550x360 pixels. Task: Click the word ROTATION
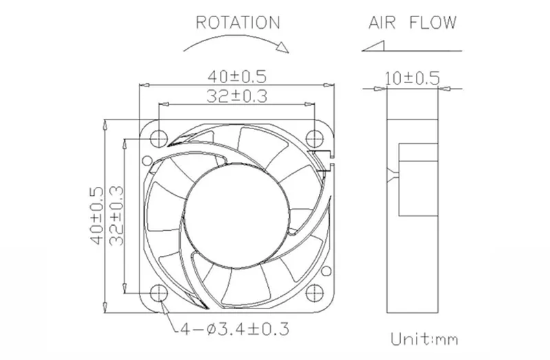238,23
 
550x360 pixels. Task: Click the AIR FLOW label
412,23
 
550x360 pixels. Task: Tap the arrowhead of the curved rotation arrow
283,47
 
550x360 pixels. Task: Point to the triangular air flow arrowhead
373,46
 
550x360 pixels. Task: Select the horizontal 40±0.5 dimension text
237,76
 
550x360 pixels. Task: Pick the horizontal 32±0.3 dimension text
236,96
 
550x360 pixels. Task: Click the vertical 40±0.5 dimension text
97,215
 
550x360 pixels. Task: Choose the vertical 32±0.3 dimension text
116,215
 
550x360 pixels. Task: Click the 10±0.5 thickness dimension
412,78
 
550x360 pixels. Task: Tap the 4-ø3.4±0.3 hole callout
234,329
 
